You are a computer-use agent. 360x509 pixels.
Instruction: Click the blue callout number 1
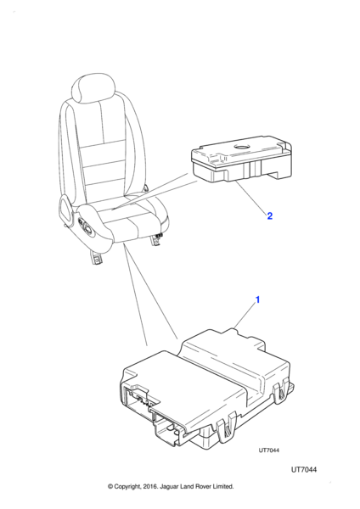point(257,300)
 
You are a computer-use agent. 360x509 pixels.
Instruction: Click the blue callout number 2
point(270,215)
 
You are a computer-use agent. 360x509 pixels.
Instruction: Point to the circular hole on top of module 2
point(241,147)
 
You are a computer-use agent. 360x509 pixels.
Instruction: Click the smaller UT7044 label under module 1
point(268,450)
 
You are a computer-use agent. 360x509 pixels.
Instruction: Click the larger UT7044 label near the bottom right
point(304,470)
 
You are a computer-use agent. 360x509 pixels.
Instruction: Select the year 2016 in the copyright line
point(149,486)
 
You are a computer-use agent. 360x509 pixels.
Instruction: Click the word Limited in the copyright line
point(223,486)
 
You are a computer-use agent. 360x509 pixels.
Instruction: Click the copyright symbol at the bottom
point(110,486)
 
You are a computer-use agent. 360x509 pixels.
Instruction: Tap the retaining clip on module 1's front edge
point(227,428)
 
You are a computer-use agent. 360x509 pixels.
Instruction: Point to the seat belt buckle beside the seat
point(146,187)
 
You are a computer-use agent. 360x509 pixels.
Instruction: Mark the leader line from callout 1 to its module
point(245,316)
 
